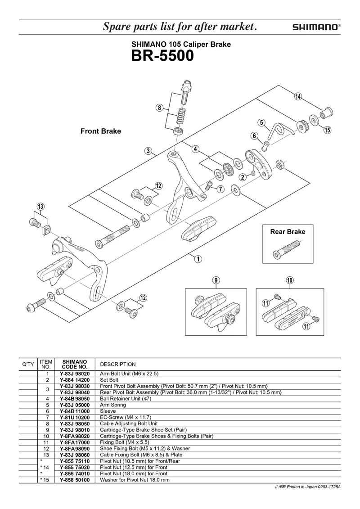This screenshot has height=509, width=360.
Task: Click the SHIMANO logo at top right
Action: [316, 27]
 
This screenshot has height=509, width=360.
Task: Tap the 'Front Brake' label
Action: [101, 131]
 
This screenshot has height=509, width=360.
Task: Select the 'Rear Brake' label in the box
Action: [288, 232]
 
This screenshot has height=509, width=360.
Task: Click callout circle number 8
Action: [159, 108]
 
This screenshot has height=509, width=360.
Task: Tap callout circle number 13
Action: [41, 207]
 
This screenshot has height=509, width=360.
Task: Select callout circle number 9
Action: [216, 280]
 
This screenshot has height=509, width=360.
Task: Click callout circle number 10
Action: [290, 280]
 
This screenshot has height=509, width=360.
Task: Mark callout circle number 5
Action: [261, 122]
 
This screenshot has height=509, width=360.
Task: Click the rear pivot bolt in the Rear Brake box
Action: [286, 249]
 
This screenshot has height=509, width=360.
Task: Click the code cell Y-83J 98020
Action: [75, 374]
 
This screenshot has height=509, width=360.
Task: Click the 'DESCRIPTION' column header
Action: [117, 364]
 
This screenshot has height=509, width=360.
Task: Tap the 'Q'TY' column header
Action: [28, 364]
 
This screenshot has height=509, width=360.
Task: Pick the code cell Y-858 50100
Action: [75, 480]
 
